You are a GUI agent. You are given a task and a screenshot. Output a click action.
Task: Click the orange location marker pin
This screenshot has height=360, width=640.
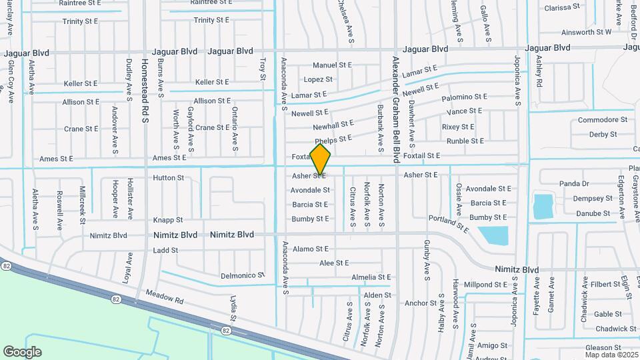click(321, 159)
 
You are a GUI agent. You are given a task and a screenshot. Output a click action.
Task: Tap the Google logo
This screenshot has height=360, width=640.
click(22, 351)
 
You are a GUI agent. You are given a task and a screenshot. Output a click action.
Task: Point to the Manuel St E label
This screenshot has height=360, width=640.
click(332, 65)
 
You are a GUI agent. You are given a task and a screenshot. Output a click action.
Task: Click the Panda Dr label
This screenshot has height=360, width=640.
click(574, 183)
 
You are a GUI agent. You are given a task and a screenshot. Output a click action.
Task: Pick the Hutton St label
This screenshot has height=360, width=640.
click(168, 178)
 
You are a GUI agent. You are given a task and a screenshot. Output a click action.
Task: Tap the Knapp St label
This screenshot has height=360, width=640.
click(168, 219)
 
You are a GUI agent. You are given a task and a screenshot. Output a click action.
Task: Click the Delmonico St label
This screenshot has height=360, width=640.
click(243, 275)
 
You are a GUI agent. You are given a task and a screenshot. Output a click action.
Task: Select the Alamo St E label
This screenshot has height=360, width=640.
click(312, 249)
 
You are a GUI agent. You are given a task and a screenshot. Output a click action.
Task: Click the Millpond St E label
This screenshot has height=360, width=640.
click(486, 285)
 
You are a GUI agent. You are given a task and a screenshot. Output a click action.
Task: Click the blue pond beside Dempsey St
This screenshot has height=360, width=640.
click(543, 206)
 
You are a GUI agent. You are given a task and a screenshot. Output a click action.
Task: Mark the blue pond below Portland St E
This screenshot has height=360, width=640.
click(493, 235)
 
